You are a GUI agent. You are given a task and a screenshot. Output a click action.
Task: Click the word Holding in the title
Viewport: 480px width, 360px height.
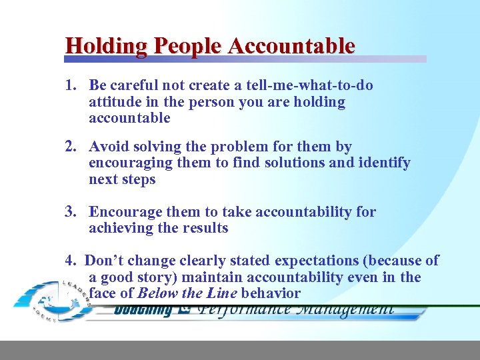107,46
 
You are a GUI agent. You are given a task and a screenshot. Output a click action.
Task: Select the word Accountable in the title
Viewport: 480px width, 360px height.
291,46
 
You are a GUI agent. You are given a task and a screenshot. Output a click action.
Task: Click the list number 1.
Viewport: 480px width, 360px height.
70,86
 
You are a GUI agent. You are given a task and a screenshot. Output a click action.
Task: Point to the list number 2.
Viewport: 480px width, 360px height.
70,147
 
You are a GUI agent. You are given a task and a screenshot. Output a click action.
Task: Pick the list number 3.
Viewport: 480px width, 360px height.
70,212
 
